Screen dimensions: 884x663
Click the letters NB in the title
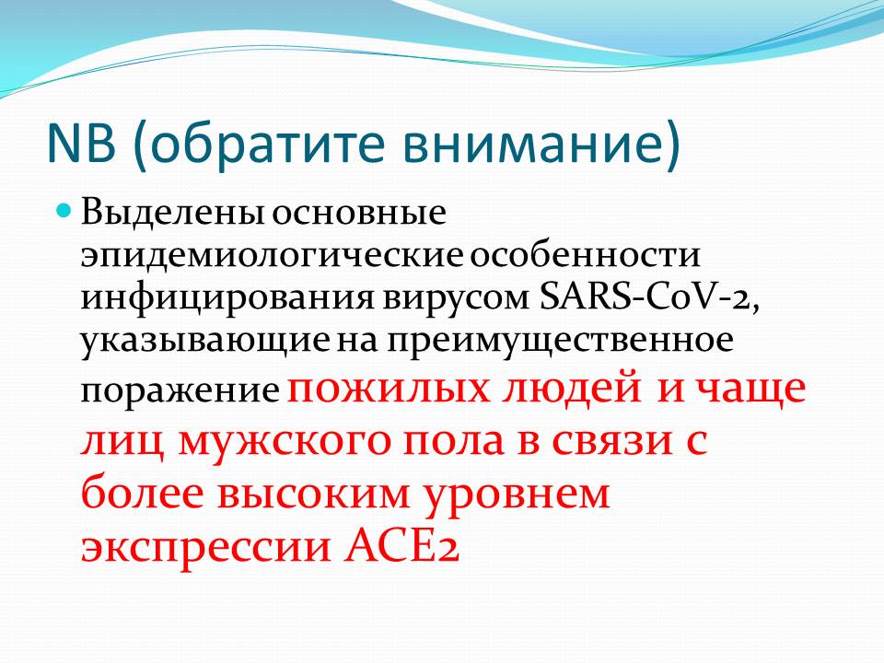point(81,144)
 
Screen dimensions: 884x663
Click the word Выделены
point(173,213)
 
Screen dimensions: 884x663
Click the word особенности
point(586,255)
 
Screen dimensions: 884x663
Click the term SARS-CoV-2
point(649,297)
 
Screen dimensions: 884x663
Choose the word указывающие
point(205,342)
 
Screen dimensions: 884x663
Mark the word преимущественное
point(559,342)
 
